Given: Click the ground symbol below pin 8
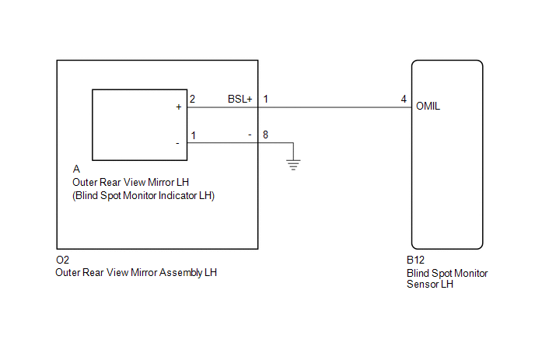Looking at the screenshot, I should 292,163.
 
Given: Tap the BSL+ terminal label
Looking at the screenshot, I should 240,100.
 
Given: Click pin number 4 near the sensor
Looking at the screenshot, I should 403,100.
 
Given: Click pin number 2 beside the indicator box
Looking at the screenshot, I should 192,100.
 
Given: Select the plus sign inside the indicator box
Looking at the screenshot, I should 178,107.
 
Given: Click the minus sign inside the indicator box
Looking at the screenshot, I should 178,142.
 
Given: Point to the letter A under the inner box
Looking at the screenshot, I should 75,169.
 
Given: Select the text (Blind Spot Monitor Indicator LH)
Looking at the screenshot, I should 142,196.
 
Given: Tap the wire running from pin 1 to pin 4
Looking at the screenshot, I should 334,107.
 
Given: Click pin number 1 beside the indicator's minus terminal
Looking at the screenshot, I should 192,135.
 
